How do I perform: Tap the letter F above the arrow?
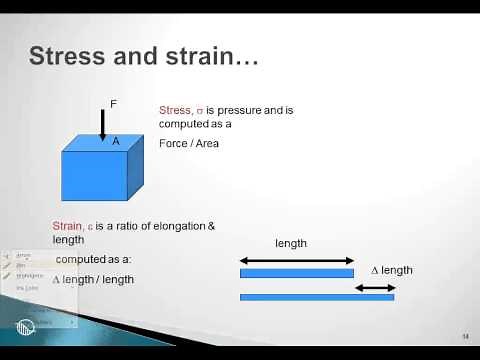tap(112, 103)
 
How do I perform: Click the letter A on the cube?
tap(116, 142)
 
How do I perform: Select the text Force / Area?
tap(189, 143)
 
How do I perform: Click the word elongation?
tap(175, 226)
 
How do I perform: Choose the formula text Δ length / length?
tap(93, 280)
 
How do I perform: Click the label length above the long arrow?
tap(291, 243)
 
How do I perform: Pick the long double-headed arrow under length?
tap(297, 260)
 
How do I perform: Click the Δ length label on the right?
tap(392, 270)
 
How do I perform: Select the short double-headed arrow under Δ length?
tap(375, 288)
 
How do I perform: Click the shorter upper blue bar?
tap(297, 273)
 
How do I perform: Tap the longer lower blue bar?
tap(317, 297)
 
